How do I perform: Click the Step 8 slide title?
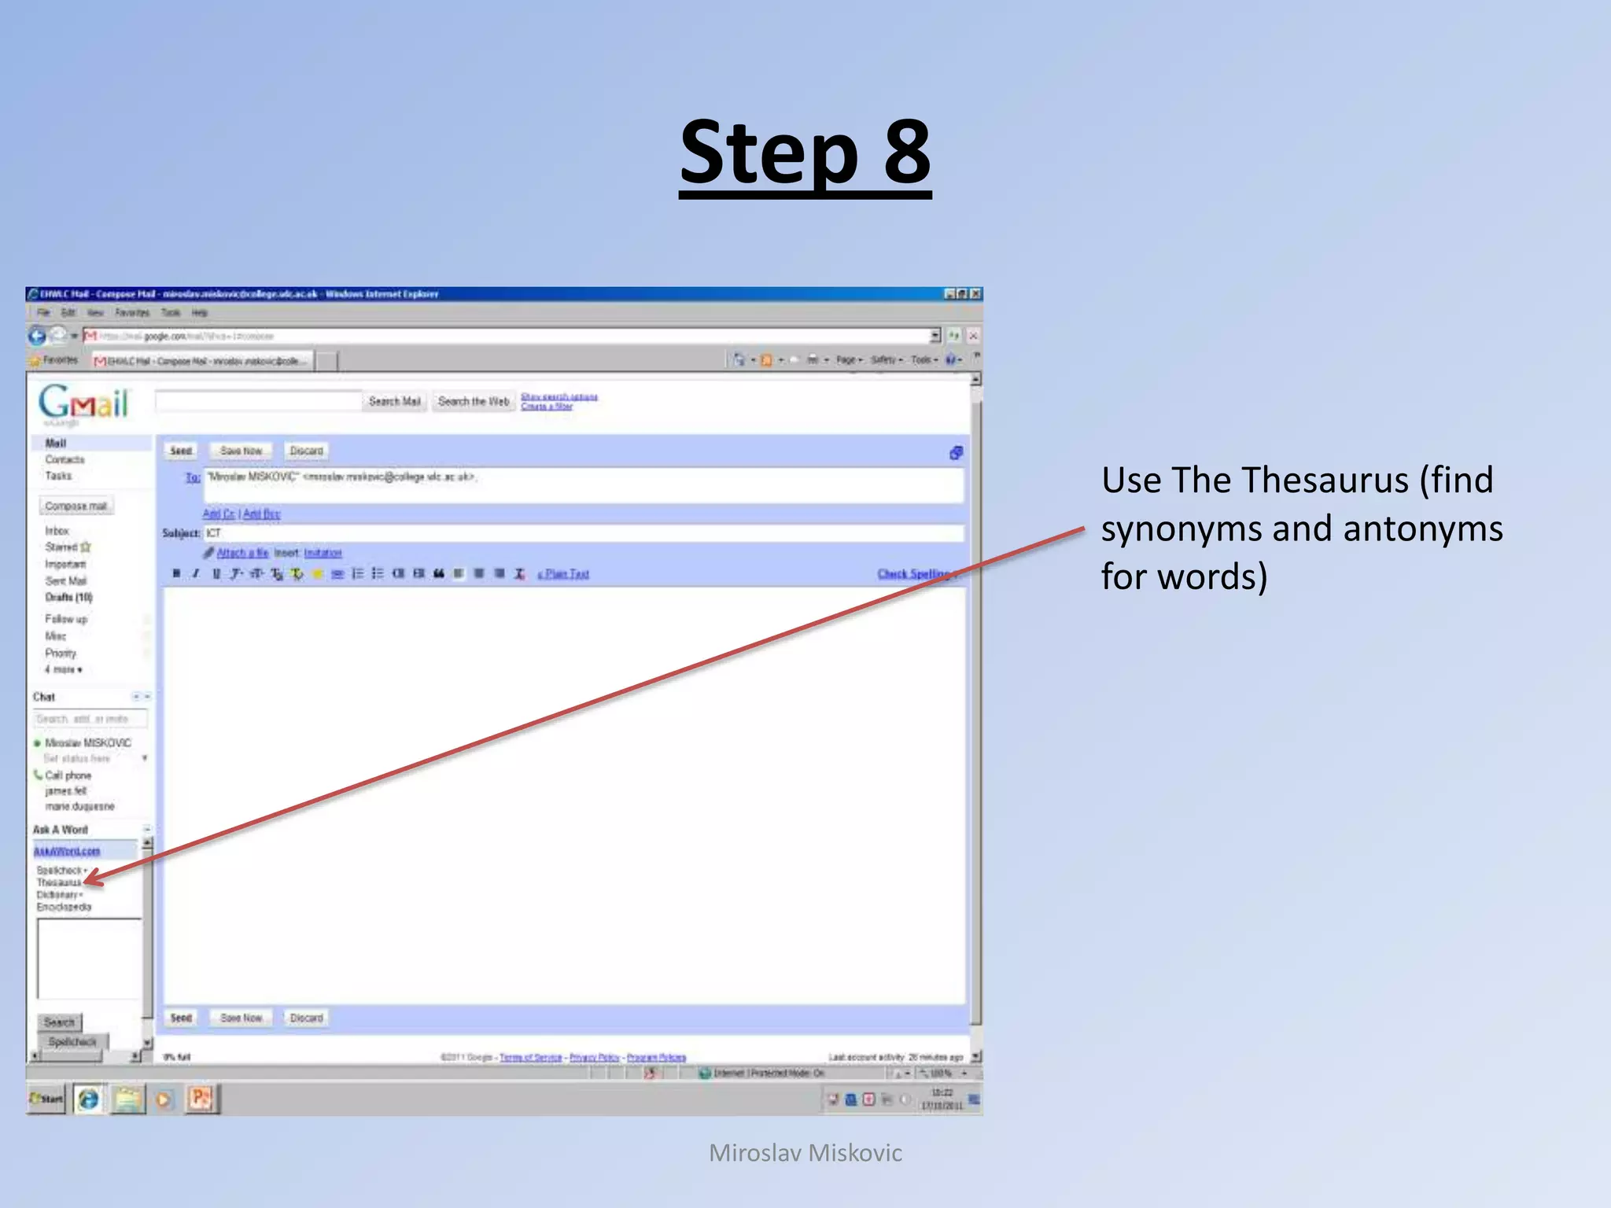pos(805,153)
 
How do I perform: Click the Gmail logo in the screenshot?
pos(83,403)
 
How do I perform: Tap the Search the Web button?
pos(474,402)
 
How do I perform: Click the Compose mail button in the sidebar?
pos(76,506)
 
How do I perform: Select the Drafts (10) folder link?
pos(68,598)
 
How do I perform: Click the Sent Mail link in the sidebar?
pos(66,581)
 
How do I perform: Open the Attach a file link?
pos(242,553)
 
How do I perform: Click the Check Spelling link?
pos(915,574)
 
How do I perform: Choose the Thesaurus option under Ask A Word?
pos(59,882)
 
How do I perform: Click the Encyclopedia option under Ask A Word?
pos(64,907)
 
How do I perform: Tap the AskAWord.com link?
pos(67,851)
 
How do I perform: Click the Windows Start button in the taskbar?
pos(46,1099)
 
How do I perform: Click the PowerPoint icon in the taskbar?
pos(201,1099)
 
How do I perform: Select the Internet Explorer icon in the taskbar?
pos(89,1099)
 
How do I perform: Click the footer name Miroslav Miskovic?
pos(805,1153)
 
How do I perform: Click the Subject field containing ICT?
pos(582,533)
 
